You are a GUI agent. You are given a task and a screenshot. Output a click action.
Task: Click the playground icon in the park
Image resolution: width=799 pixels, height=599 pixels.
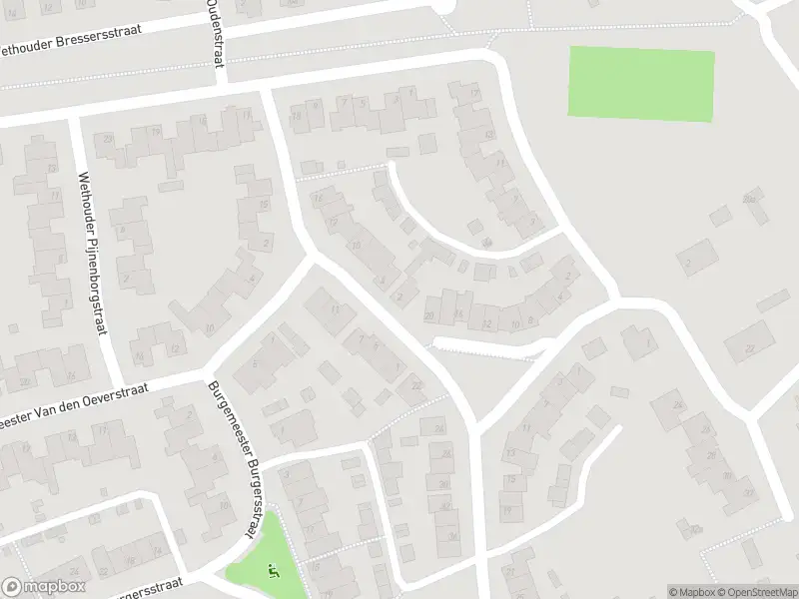coord(273,571)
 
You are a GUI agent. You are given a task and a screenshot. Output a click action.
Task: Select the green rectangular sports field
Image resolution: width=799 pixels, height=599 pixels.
coord(641,84)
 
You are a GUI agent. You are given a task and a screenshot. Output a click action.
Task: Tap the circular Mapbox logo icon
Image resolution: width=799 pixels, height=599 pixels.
coord(12,587)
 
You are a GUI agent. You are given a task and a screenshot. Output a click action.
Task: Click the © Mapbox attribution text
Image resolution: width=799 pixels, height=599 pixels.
coord(692,592)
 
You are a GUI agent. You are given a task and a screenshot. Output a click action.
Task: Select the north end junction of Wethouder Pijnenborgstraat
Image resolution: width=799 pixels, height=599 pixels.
coord(72,118)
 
